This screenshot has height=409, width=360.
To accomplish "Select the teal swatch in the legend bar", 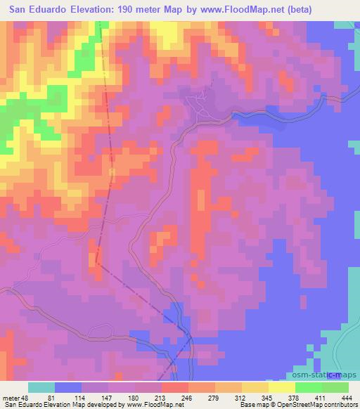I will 41,387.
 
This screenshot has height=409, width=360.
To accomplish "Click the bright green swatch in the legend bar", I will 309,387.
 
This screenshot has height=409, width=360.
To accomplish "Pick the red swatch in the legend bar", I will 175,387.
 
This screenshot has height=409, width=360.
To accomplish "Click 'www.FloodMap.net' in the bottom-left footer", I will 148,405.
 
